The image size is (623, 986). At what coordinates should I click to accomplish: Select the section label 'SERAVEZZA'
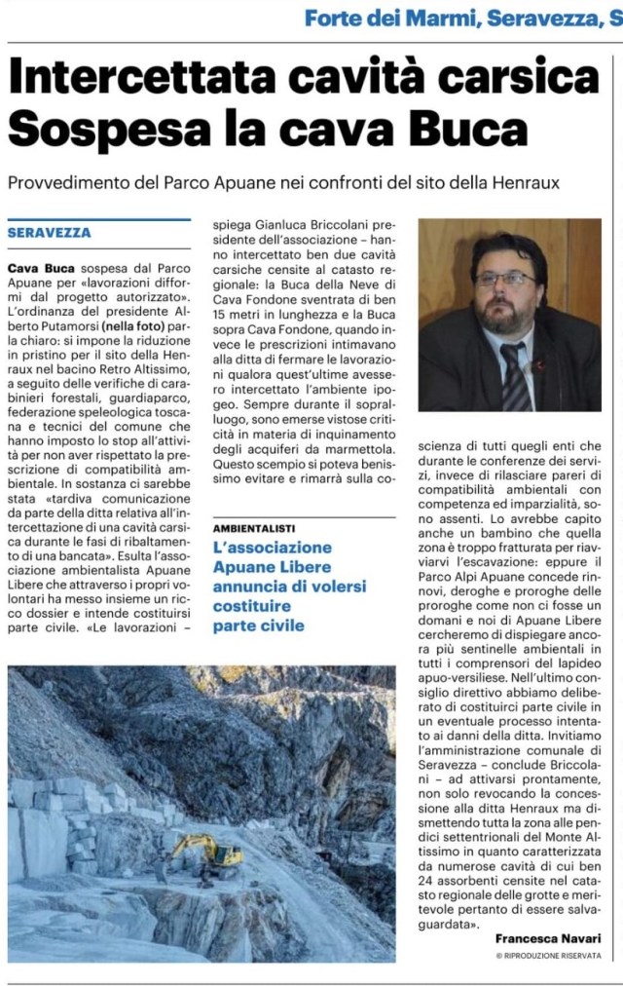point(49,233)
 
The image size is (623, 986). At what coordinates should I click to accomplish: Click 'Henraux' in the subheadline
point(529,183)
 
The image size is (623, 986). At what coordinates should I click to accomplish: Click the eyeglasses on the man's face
point(504,279)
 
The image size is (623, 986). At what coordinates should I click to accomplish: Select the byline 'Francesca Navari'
point(548,937)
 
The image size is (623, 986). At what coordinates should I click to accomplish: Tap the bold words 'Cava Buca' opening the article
point(38,267)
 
